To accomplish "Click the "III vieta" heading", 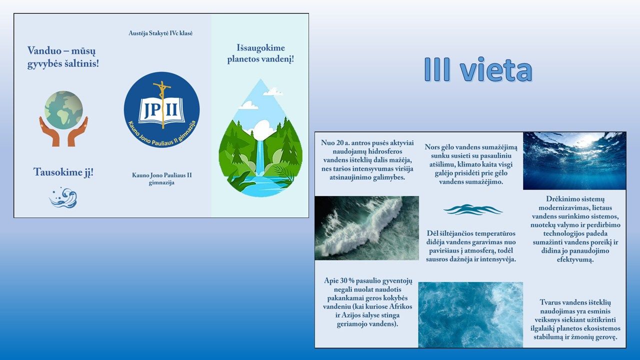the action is pos(478,69).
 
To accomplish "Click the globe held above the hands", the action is pos(63,110).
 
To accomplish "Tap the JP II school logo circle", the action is pos(161,110).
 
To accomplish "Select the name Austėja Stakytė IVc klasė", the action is pos(160,33).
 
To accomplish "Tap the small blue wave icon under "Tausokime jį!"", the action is pos(63,197).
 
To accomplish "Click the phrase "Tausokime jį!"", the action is pos(63,172).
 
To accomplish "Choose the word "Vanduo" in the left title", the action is pos(44,51).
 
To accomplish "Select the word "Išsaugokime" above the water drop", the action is pos(260,47).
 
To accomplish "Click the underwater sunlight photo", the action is pos(574,161).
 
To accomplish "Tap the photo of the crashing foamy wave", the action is pos(367,228).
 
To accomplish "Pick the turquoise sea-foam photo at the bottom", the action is pos(470,314).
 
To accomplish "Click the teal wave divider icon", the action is pos(473,209).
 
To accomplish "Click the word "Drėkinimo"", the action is pos(561,199).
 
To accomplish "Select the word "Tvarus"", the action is pos(549,302).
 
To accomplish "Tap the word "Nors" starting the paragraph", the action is pos(431,147).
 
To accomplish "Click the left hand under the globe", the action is pos(49,131).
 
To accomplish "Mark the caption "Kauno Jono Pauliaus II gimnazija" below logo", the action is pos(161,179).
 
